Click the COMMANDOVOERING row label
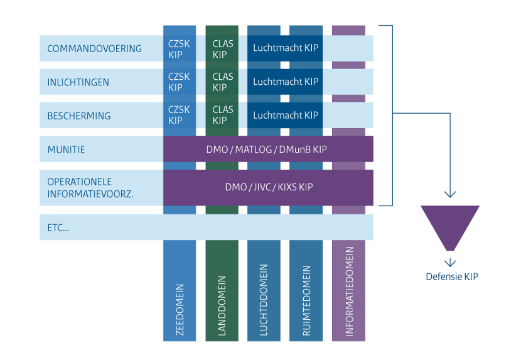pyautogui.click(x=95, y=48)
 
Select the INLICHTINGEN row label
pyautogui.click(x=78, y=82)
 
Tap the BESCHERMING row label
pyautogui.click(x=79, y=116)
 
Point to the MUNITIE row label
pyautogui.click(x=66, y=150)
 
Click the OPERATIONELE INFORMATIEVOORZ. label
pyautogui.click(x=90, y=187)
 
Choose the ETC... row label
pyautogui.click(x=58, y=227)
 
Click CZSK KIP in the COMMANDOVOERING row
pyautogui.click(x=179, y=49)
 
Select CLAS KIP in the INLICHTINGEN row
pyautogui.click(x=223, y=82)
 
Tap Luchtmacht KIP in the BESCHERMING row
pyautogui.click(x=286, y=116)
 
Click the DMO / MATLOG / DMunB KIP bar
pyautogui.click(x=267, y=150)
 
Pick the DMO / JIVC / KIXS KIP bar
pyautogui.click(x=269, y=187)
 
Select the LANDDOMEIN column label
pyautogui.click(x=222, y=306)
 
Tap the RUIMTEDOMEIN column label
pyautogui.click(x=306, y=303)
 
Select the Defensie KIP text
pyautogui.click(x=452, y=276)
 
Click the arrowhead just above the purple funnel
pyautogui.click(x=450, y=194)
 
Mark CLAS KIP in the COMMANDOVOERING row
pyautogui.click(x=223, y=49)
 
